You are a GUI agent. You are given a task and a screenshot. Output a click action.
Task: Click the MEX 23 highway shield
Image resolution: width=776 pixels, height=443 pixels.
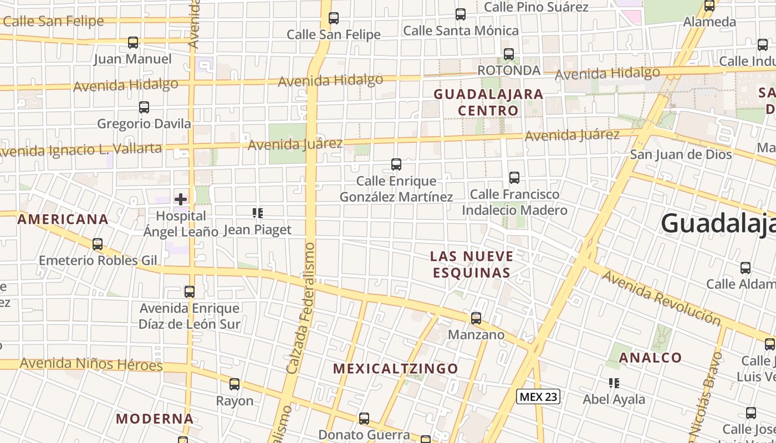click(x=538, y=396)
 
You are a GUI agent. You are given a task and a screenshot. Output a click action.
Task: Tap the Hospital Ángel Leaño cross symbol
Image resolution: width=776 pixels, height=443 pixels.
click(x=181, y=199)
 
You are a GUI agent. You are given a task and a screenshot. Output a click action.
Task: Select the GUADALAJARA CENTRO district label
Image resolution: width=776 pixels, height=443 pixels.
click(x=488, y=102)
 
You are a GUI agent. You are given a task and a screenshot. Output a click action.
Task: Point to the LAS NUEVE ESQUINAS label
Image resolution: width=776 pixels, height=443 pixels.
click(x=472, y=264)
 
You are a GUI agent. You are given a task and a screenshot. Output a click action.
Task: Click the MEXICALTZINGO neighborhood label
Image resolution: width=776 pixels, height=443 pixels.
click(x=396, y=369)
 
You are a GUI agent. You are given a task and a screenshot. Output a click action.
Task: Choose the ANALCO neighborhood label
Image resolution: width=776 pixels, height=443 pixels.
click(x=650, y=358)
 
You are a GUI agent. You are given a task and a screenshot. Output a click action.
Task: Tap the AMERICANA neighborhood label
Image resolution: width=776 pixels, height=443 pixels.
click(x=63, y=219)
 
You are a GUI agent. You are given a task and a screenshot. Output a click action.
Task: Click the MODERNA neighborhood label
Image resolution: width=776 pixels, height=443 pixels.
click(x=155, y=419)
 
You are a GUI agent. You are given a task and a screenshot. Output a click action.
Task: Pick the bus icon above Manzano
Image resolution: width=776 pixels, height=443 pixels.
click(x=476, y=318)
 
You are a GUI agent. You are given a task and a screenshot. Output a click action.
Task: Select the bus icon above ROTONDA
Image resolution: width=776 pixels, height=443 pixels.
click(x=509, y=54)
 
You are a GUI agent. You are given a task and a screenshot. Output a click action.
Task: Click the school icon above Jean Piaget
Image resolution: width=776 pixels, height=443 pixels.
click(x=257, y=213)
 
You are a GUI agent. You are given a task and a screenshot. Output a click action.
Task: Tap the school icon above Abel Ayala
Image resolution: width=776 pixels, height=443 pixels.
click(x=614, y=383)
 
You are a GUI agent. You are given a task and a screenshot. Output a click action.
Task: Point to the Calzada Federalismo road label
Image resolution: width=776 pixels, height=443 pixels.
click(x=303, y=307)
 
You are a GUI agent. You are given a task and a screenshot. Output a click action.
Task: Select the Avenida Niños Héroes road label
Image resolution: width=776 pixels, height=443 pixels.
click(x=91, y=364)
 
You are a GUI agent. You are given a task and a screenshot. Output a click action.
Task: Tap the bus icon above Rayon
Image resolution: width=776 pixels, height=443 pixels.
click(x=234, y=384)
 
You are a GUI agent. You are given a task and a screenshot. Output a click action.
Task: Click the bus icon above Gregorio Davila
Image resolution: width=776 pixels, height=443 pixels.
click(x=144, y=107)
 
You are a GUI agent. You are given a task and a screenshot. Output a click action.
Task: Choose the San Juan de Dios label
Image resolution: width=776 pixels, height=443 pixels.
click(x=681, y=154)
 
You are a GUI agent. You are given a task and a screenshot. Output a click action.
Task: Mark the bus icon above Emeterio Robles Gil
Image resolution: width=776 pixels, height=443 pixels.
click(x=98, y=244)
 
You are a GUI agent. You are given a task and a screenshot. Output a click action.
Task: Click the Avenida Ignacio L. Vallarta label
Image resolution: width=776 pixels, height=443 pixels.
click(x=80, y=150)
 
